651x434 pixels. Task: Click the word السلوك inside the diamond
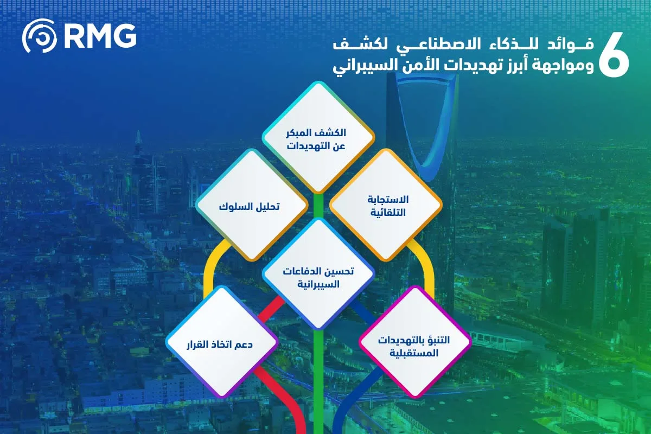click(234, 207)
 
